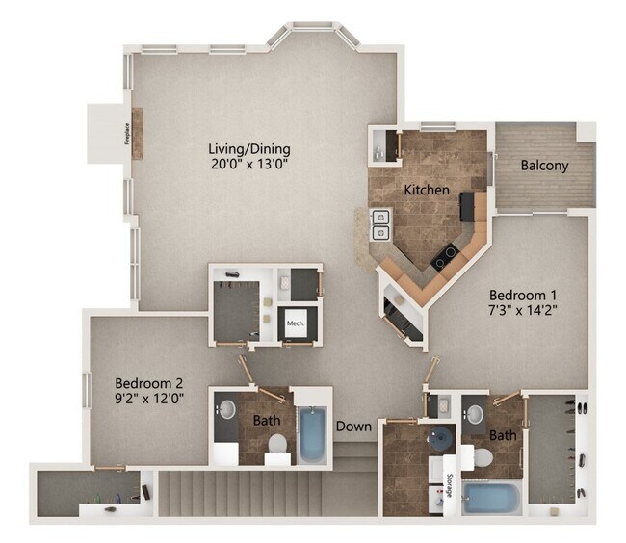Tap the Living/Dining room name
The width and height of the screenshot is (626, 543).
pos(249,149)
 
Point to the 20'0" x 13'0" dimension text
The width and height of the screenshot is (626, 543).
pos(249,165)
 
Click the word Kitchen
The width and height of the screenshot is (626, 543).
pos(426,190)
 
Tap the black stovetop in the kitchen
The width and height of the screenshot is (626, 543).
pos(445,255)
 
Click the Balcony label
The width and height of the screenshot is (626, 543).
pos(544,165)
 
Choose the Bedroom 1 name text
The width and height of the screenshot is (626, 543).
pos(524,295)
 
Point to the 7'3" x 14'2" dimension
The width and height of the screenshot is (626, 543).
pos(524,310)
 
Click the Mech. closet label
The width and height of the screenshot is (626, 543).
pos(296,324)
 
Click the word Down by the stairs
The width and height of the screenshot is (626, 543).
pos(352,425)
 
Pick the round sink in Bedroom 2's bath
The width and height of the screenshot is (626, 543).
pos(226,409)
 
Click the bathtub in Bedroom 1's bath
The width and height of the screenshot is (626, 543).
pos(492,500)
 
